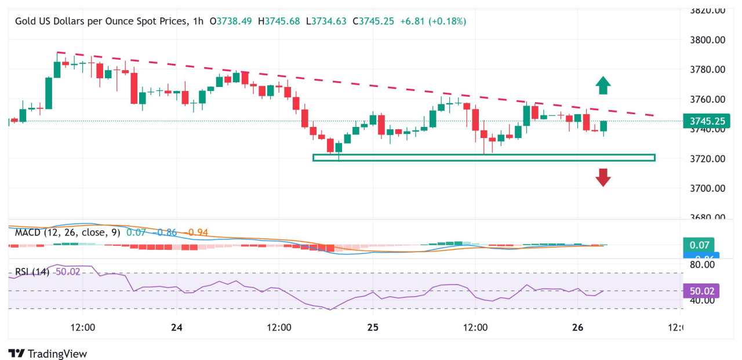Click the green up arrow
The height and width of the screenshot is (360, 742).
603,85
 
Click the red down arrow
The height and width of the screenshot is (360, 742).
603,177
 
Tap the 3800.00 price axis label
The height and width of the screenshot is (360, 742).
707,40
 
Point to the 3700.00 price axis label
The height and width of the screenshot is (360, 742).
707,188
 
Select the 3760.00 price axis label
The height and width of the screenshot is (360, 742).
707,99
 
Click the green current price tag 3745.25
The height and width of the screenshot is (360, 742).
707,121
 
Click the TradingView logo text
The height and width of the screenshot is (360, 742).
57,354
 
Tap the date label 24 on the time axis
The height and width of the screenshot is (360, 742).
177,328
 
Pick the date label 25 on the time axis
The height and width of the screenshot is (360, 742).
373,328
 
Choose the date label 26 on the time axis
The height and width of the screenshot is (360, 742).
577,328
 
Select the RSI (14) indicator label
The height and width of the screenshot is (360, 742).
32,271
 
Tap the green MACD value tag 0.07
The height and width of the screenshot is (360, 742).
698,245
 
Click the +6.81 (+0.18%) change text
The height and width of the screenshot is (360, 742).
433,21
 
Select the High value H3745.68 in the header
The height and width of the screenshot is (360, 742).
279,21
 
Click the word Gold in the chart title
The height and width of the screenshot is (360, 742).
26,21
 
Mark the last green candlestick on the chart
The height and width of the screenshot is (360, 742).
603,126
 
